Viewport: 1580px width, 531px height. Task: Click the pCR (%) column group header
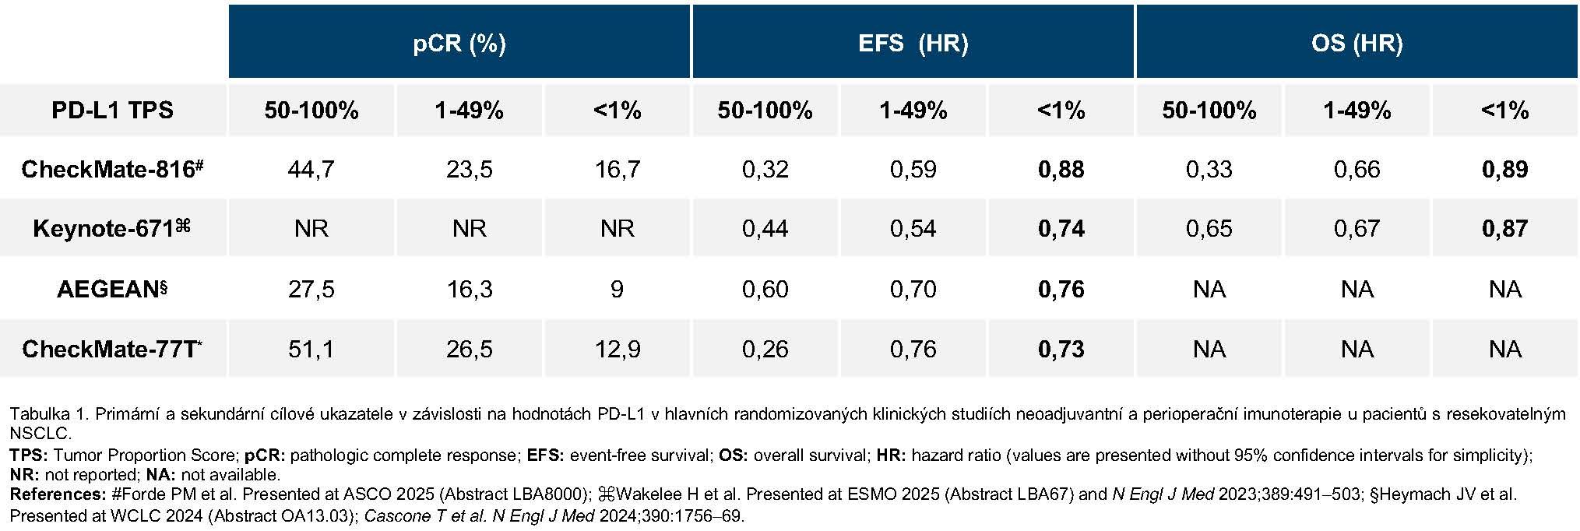point(459,43)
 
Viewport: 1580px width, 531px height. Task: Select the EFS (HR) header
point(913,43)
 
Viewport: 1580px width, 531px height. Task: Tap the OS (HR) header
point(1357,43)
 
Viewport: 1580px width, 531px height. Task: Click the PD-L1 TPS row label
point(112,110)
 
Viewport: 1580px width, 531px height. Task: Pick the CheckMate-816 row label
point(112,169)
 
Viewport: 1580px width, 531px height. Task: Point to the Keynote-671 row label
point(112,228)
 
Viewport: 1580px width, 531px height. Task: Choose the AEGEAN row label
point(112,289)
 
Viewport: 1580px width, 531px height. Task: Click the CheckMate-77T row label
point(112,348)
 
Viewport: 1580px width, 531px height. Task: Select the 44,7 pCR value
point(311,169)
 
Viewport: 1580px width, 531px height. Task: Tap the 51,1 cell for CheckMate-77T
point(311,348)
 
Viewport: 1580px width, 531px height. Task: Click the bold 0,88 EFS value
point(1061,169)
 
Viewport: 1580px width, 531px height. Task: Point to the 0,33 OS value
point(1209,169)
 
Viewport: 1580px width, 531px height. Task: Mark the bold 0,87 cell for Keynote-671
point(1504,228)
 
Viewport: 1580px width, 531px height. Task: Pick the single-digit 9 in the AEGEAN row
point(617,289)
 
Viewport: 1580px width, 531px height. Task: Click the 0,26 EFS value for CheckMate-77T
point(765,348)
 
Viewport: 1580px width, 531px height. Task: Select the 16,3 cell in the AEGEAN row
point(469,289)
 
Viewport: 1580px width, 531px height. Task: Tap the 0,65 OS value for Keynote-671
point(1209,228)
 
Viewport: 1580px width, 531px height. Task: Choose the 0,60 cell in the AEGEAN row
point(765,289)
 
